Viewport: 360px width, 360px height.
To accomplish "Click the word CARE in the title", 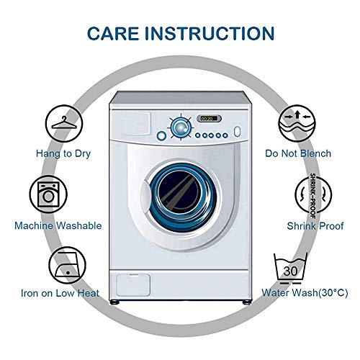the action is (x=113, y=33).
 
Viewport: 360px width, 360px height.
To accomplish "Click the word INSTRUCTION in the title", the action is (x=210, y=33).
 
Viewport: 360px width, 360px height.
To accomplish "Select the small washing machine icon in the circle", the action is (x=48, y=194).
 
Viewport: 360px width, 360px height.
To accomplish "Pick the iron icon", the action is (x=68, y=266).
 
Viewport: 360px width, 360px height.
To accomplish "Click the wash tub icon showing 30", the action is (x=291, y=268).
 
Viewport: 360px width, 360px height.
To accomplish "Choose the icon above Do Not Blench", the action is (x=297, y=124).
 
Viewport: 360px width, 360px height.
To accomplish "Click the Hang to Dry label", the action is (x=63, y=154).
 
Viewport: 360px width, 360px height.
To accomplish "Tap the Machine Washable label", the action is (x=58, y=226).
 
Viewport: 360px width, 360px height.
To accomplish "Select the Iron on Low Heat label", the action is (x=60, y=293).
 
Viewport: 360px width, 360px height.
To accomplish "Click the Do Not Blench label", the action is (x=298, y=153).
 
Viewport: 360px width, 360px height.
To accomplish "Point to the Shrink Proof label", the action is (x=315, y=226).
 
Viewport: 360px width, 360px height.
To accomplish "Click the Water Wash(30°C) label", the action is (x=305, y=293).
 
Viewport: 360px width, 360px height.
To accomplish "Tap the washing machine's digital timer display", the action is (x=209, y=119).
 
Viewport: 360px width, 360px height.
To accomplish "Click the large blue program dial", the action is (x=181, y=127).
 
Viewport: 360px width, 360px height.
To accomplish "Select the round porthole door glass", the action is (x=183, y=192).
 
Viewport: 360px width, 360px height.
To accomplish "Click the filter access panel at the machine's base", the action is (x=133, y=285).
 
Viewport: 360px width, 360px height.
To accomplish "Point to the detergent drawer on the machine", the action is (x=131, y=123).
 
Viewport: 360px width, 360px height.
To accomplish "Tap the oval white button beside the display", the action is (x=238, y=131).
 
